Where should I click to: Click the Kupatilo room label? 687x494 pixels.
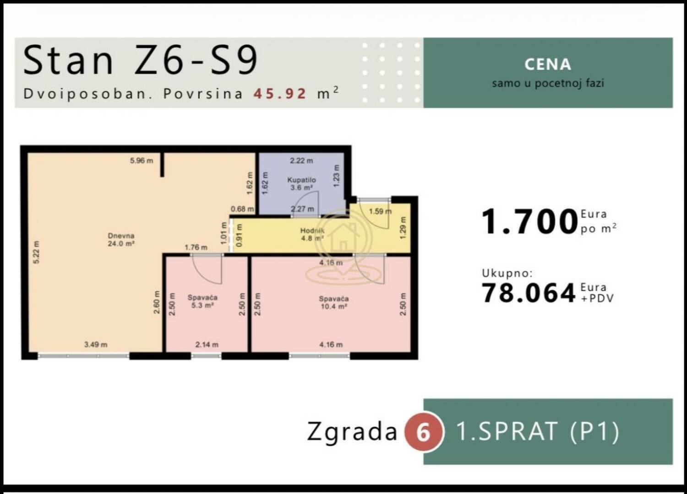click(301, 183)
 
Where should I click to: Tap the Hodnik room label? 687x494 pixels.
click(312, 234)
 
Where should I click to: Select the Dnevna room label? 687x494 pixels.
click(121, 240)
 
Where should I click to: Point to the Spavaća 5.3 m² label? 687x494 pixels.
click(202, 301)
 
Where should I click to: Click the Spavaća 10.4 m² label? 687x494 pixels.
click(334, 303)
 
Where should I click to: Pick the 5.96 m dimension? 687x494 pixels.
click(142, 161)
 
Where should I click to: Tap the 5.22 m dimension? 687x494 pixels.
click(36, 252)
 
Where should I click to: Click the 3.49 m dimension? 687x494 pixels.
click(96, 344)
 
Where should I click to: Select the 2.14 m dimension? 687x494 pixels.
click(207, 344)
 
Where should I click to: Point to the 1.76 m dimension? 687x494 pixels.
click(196, 247)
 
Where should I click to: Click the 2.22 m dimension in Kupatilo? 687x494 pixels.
click(301, 161)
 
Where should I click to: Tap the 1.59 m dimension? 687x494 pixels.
click(380, 211)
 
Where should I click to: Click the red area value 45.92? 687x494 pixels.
click(280, 94)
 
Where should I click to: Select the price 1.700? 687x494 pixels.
click(529, 221)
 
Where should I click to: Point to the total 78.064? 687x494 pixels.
click(528, 293)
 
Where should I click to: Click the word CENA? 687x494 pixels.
click(548, 64)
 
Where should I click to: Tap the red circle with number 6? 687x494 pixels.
click(424, 432)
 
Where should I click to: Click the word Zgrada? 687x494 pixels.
click(352, 431)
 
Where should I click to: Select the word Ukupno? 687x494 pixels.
click(507, 273)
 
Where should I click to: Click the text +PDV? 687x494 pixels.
click(597, 298)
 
